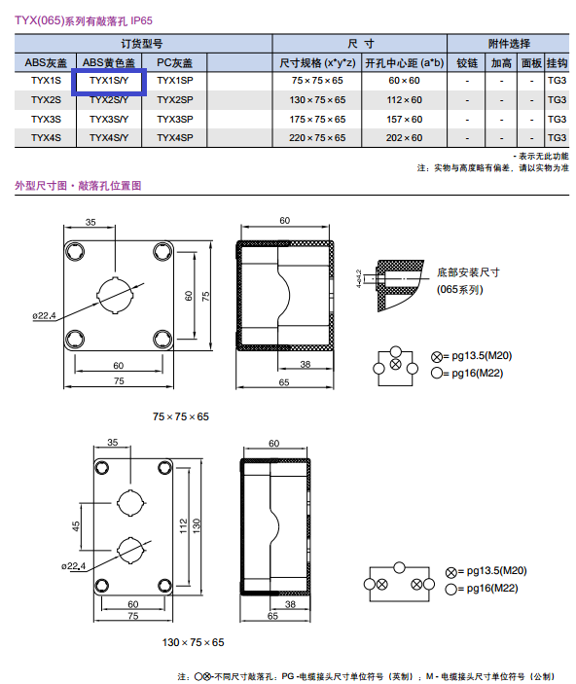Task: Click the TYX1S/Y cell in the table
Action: [109, 81]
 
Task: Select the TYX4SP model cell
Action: [175, 138]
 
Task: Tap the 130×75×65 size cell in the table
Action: [317, 100]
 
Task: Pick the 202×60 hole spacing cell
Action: [404, 138]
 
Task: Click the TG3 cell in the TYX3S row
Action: [557, 119]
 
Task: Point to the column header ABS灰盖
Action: [46, 63]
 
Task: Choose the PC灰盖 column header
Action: [174, 63]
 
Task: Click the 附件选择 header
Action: [509, 44]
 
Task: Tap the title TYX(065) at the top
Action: [40, 20]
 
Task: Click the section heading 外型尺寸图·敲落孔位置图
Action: [78, 186]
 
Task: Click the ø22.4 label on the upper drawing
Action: [44, 315]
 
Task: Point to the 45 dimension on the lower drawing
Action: [76, 526]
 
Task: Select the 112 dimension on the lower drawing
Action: [183, 525]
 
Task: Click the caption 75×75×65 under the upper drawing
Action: [181, 416]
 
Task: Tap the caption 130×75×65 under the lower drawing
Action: [193, 642]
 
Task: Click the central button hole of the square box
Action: [115, 295]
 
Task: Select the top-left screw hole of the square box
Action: [75, 251]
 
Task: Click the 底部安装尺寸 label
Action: [468, 272]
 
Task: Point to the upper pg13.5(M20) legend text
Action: [482, 356]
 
